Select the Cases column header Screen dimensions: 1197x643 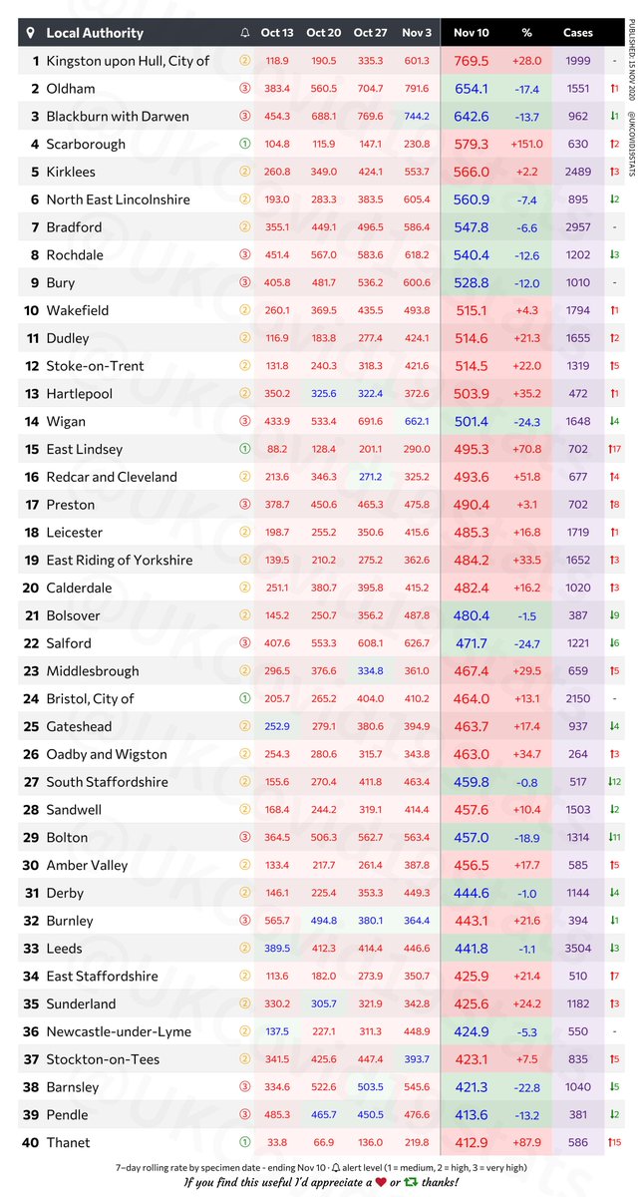(x=578, y=33)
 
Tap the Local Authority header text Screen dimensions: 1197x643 (x=95, y=33)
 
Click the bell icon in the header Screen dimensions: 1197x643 (x=245, y=33)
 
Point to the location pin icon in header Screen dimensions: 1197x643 (x=31, y=33)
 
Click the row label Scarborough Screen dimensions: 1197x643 (x=86, y=144)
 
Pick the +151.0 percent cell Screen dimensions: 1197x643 (x=526, y=144)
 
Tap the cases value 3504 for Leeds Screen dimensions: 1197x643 (x=578, y=949)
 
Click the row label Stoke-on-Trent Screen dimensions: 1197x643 (x=96, y=366)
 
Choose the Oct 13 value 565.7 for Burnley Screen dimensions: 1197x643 (x=277, y=921)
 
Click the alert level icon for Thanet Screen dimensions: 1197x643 (x=245, y=1142)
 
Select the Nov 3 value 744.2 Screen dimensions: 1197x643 (x=417, y=116)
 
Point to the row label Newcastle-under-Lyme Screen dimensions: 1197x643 (x=119, y=1031)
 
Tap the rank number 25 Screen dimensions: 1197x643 (x=35, y=726)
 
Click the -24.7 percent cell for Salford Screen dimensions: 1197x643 (x=526, y=643)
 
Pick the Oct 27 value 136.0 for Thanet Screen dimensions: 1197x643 (x=370, y=1142)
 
